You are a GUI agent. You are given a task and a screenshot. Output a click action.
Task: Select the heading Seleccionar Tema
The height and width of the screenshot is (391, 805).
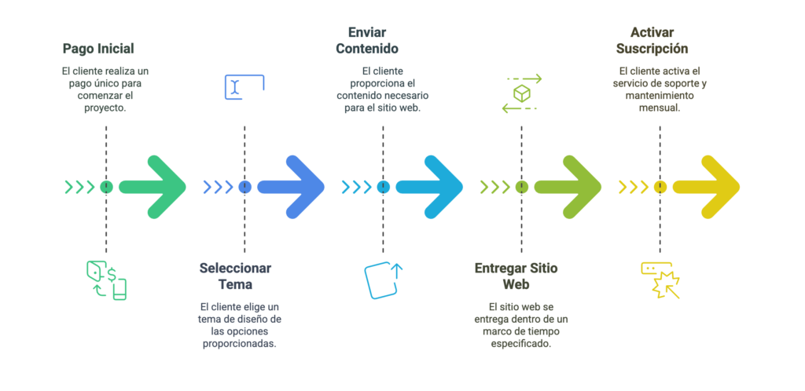pyautogui.click(x=235, y=276)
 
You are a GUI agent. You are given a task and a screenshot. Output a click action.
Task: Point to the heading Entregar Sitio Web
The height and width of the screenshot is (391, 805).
pyautogui.click(x=516, y=276)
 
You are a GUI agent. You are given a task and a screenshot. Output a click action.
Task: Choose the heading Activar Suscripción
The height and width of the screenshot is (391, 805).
pyautogui.click(x=659, y=40)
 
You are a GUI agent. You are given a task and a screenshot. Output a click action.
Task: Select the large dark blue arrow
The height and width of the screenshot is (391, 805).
pyautogui.click(x=292, y=187)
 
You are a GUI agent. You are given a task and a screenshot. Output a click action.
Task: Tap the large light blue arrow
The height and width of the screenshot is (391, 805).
pyautogui.click(x=430, y=187)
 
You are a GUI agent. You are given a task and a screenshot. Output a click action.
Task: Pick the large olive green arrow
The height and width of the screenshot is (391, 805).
pyautogui.click(x=568, y=187)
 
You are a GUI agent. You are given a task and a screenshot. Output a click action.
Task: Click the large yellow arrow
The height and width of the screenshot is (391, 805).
pyautogui.click(x=707, y=187)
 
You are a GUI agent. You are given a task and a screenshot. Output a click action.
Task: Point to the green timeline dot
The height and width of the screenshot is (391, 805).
pyautogui.click(x=106, y=187)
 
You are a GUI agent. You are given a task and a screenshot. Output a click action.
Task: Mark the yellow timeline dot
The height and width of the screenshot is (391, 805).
pyautogui.click(x=660, y=187)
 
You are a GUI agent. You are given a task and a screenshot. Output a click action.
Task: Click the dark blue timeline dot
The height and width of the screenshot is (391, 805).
pyautogui.click(x=244, y=187)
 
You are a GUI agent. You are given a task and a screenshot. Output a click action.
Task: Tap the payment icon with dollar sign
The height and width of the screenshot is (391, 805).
pyautogui.click(x=106, y=280)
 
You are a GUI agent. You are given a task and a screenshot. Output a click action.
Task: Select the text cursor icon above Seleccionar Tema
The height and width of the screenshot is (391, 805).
pyautogui.click(x=244, y=87)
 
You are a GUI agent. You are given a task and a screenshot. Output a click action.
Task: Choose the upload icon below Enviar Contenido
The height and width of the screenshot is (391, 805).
pyautogui.click(x=383, y=280)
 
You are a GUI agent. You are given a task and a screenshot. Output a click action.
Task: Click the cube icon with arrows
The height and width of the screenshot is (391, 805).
pyautogui.click(x=521, y=93)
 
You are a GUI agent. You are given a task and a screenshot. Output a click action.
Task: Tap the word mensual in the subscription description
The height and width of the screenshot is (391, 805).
pyautogui.click(x=659, y=108)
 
